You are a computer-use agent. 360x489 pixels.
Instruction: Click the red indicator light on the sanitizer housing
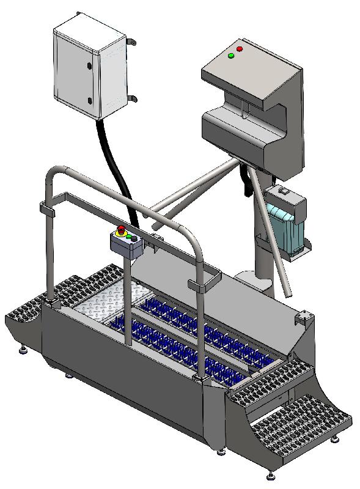click(240, 48)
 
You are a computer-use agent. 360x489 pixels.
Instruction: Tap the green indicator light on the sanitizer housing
click(231, 56)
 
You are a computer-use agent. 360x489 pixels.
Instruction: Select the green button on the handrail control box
click(128, 237)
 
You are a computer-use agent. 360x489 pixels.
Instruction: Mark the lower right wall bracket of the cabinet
click(133, 98)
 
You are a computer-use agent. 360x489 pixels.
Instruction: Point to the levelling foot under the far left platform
click(24, 350)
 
